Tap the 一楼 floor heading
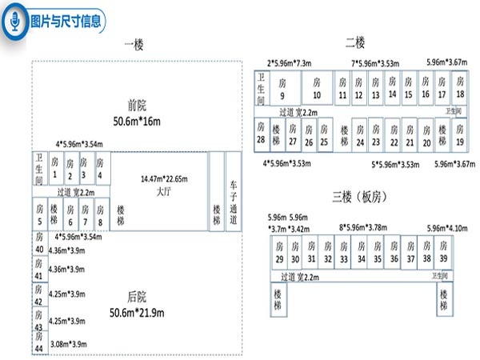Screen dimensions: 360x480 pos(135,46)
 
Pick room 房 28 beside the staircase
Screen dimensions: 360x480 pos(261,132)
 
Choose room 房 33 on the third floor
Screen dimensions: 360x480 pos(343,253)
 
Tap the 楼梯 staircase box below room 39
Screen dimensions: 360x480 pos(444,301)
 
